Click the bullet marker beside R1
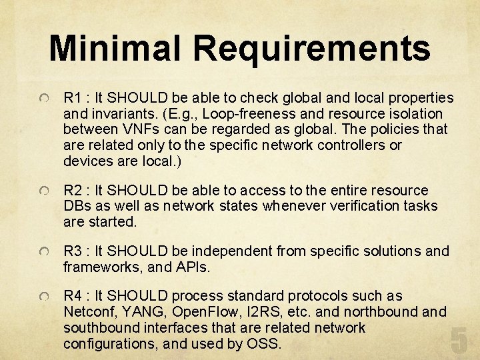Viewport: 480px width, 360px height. [x=43, y=99]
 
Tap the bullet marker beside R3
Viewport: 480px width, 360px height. [x=43, y=253]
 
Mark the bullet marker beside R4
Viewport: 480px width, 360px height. [x=43, y=297]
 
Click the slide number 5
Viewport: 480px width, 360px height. [x=459, y=340]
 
